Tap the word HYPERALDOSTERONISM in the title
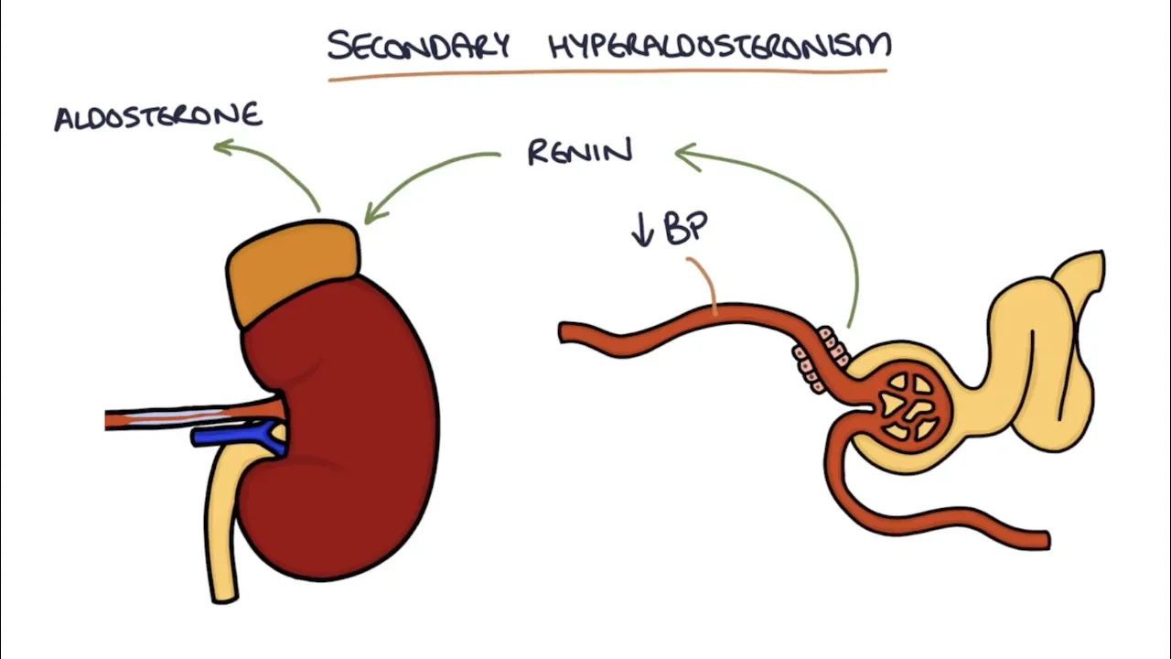(x=720, y=45)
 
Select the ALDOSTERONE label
(x=158, y=117)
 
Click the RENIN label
(x=580, y=152)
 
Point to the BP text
(x=687, y=229)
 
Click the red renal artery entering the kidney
(x=192, y=417)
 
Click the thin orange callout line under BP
(x=704, y=279)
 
